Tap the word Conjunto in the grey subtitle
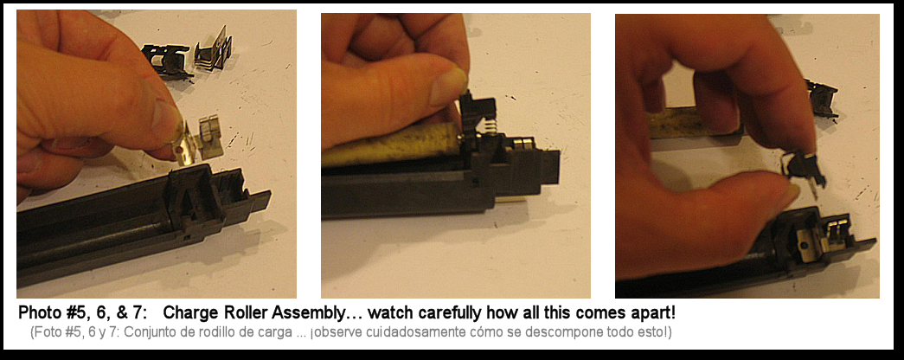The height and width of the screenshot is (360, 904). coord(137,334)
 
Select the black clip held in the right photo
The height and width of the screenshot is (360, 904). coord(805,166)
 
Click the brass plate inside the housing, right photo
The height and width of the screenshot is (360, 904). coord(805,242)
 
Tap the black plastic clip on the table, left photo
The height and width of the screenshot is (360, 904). coord(167,60)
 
